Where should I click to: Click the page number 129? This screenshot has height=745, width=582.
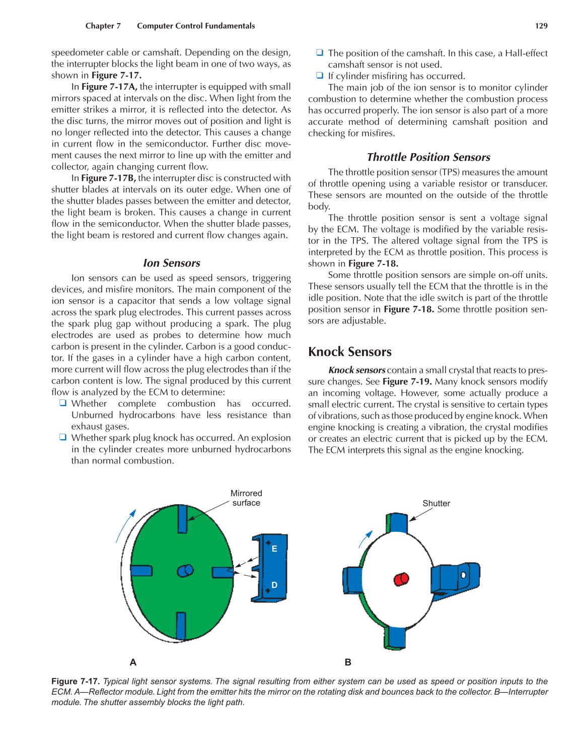coord(541,26)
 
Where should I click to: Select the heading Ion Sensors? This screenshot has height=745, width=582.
coord(171,263)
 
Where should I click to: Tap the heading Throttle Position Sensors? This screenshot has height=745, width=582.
coord(428,157)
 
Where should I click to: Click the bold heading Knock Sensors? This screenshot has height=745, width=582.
coord(350,352)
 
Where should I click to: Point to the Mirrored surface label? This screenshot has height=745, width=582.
coord(246,498)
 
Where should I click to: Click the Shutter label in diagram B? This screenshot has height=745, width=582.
coord(436,503)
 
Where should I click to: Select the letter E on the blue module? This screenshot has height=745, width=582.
coord(274,549)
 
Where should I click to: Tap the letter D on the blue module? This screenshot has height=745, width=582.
coord(274,585)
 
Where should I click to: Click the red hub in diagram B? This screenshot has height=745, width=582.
coord(401,579)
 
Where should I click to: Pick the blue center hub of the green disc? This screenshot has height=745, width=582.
coord(185,570)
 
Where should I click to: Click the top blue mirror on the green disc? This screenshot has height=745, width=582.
coord(182,518)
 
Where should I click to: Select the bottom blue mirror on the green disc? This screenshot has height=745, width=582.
coord(181,625)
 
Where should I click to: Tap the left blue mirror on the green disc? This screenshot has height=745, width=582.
coord(141,570)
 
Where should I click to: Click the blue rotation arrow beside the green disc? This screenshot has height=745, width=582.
coord(125,526)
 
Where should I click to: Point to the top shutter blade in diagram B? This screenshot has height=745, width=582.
coord(398,523)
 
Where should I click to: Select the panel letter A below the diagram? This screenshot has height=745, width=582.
coord(133,662)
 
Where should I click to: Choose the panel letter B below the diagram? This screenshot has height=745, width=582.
coord(348,662)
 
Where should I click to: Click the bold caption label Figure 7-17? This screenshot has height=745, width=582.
coord(76,681)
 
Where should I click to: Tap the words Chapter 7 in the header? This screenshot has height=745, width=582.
coord(103,26)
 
